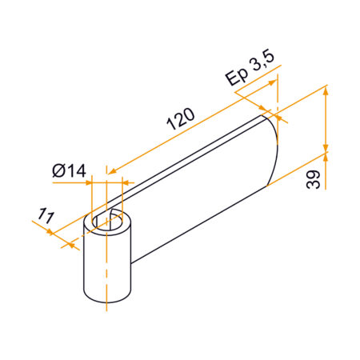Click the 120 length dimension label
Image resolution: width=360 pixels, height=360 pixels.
(x=181, y=121)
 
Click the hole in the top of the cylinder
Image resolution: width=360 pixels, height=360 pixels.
(x=107, y=220)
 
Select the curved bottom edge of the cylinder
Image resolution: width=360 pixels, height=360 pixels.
(x=107, y=302)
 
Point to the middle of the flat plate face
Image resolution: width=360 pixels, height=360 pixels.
(x=200, y=196)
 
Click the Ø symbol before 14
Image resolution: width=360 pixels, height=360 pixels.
(x=57, y=170)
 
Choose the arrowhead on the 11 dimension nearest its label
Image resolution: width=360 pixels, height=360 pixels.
(x=53, y=233)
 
